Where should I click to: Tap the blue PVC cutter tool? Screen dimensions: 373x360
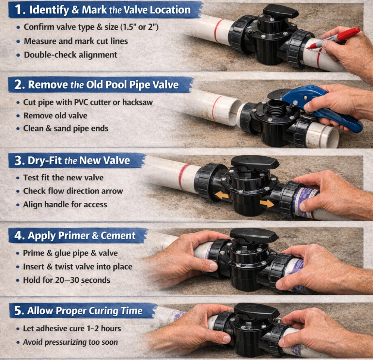(321, 107)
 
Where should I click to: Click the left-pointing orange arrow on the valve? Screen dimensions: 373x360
(222, 195)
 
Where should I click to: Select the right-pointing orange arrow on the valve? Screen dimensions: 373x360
(267, 204)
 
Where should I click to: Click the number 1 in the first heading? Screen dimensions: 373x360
(19, 10)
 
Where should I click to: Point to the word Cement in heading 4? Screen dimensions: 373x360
(118, 236)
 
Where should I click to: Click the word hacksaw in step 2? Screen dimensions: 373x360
(138, 102)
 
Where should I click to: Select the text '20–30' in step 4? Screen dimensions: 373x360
(67, 280)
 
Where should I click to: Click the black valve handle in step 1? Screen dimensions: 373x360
(281, 11)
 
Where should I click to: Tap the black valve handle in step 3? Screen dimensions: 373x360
(255, 162)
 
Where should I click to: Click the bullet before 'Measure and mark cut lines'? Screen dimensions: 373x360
(18, 41)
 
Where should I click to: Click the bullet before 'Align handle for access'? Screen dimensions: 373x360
(18, 205)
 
